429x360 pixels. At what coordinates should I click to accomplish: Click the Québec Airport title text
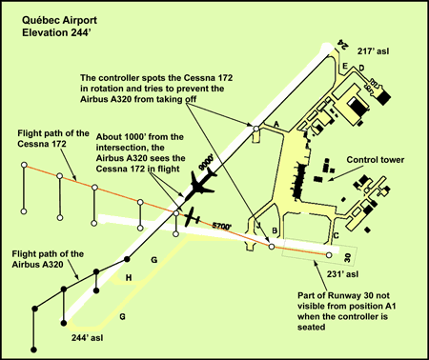point(59,20)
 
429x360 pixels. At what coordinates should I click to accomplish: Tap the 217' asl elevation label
point(373,51)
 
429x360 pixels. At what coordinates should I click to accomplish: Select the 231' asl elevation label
point(342,274)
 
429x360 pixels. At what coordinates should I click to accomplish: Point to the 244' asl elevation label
point(87,338)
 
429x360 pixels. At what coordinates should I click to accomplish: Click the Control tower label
point(376,159)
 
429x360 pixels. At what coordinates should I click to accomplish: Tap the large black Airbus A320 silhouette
point(201,186)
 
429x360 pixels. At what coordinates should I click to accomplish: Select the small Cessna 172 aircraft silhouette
point(192,217)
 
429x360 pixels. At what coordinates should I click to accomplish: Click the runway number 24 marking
point(342,44)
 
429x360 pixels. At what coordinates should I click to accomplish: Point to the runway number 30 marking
point(347,257)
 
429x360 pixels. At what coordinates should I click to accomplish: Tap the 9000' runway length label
point(205,163)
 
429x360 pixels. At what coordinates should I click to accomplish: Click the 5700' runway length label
point(221,226)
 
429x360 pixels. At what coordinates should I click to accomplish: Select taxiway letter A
point(276,124)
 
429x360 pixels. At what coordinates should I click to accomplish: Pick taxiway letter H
point(129,278)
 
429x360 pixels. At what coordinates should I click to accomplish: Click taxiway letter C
point(337,235)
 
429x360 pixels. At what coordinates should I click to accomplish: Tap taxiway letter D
point(361,68)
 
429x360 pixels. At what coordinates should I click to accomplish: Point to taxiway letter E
point(345,66)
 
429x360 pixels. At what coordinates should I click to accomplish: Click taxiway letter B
point(275,230)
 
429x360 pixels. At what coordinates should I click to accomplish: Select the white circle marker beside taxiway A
point(255,129)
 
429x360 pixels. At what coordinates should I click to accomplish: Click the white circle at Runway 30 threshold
point(329,255)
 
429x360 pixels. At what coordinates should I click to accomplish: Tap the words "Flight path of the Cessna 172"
point(53,138)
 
